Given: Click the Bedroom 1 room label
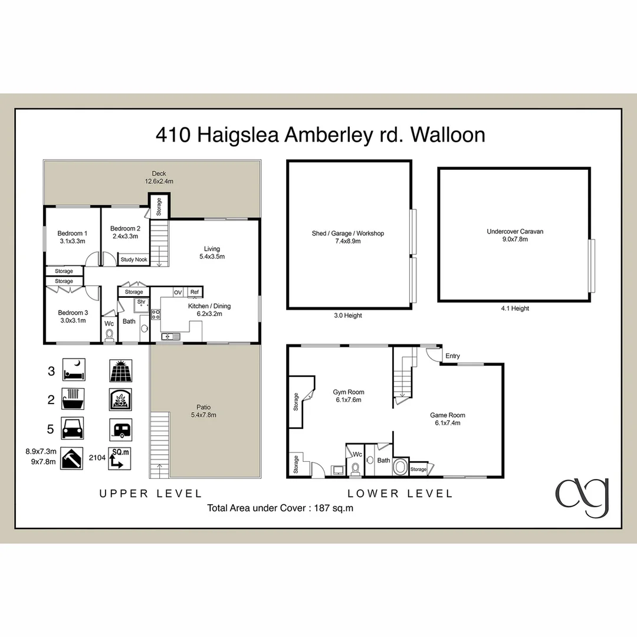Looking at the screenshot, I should tap(73, 237).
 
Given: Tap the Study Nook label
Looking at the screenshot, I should tap(134, 260).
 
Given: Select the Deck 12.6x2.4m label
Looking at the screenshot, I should tap(159, 178).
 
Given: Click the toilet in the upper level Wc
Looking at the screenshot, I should tap(109, 336).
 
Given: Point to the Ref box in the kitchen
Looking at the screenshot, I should tap(194, 292).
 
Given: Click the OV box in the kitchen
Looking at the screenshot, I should tap(178, 292).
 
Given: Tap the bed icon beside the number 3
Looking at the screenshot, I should tap(74, 370).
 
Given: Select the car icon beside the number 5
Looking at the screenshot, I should tap(73, 428).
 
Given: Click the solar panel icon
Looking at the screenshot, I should tap(120, 371).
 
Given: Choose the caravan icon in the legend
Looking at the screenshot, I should tap(120, 429).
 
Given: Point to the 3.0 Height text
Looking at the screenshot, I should tap(347, 316).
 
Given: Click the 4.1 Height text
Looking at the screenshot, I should tap(514, 308).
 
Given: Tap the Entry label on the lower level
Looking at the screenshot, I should tap(452, 356).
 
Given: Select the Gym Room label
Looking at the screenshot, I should tap(348, 396).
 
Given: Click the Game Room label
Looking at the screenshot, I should tap(448, 419).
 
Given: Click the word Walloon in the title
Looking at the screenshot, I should tap(448, 135).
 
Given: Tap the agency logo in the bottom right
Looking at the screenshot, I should tap(582, 496).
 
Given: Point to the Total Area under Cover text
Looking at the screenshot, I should tap(280, 507).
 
